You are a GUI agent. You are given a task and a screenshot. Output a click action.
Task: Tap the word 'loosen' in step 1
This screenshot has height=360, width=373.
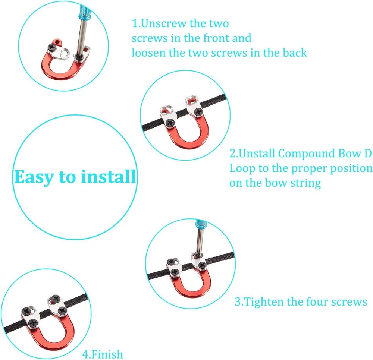coord(148,53)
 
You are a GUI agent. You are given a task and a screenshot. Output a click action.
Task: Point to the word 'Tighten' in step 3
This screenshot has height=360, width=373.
coord(263,302)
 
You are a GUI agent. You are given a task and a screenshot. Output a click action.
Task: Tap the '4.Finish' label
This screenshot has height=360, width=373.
coord(103,354)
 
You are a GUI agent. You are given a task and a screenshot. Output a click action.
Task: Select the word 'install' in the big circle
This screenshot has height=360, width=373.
coord(109,177)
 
